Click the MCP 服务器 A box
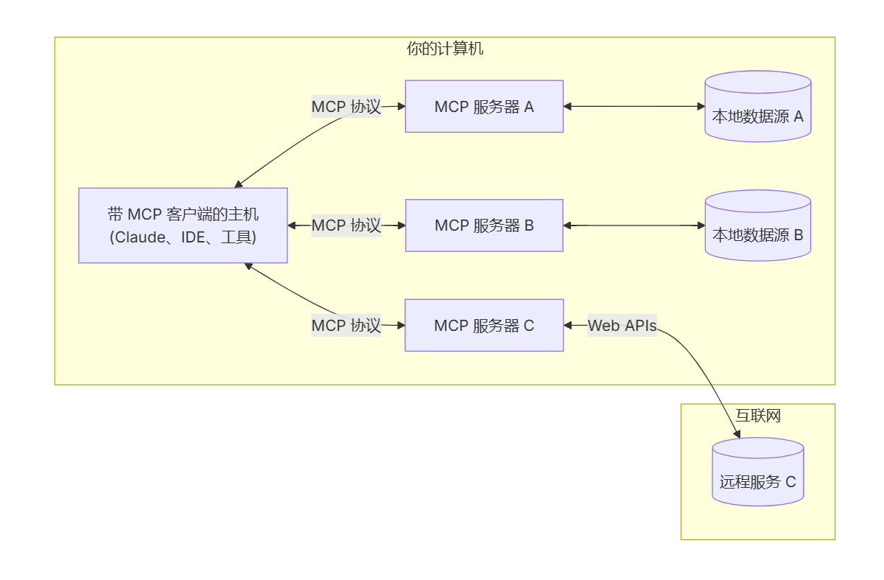coord(484,106)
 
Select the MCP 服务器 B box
coord(484,226)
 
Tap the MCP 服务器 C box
coord(484,325)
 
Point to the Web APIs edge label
coord(622,325)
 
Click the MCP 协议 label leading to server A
coord(346,106)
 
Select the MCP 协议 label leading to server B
coord(346,226)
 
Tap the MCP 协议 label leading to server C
coord(346,325)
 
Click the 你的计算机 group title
coord(445,49)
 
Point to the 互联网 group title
coord(757,416)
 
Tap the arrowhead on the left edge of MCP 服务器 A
coord(401,106)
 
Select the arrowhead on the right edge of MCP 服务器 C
coord(568,325)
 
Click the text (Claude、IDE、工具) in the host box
coord(183,237)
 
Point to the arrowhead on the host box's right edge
coord(292,226)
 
